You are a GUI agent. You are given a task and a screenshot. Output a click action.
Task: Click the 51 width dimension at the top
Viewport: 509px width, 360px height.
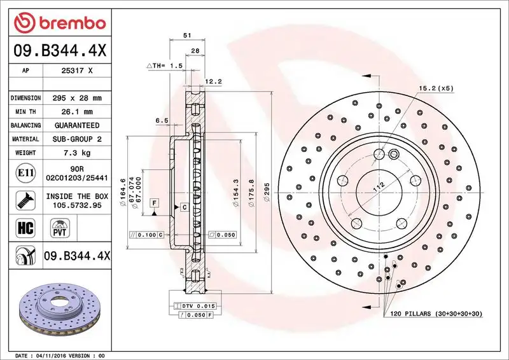pyautogui.click(x=185, y=36)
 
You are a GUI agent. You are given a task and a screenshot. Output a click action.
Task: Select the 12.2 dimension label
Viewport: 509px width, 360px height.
pyautogui.click(x=214, y=81)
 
